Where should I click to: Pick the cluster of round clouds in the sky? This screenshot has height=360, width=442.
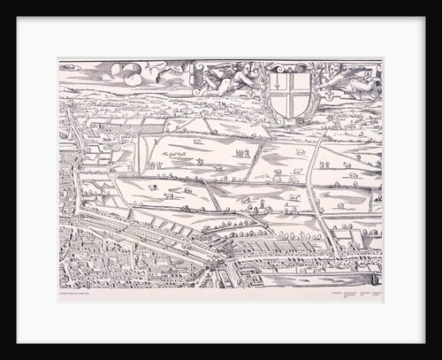click(128, 73)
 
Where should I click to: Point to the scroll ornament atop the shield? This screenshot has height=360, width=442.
click(290, 67)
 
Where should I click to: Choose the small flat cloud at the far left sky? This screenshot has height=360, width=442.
click(71, 67)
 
